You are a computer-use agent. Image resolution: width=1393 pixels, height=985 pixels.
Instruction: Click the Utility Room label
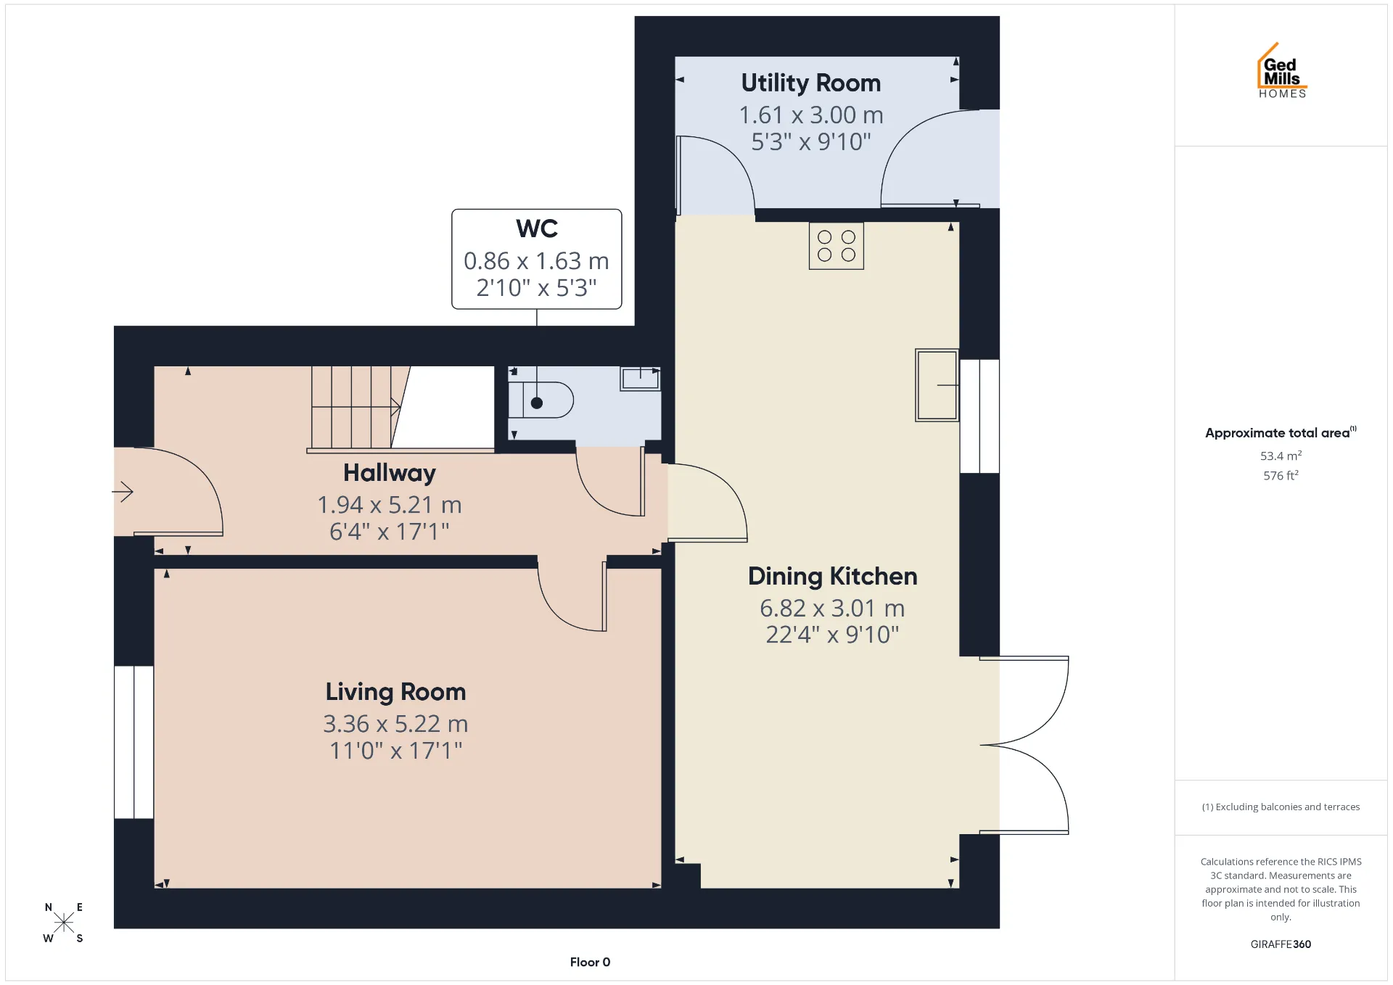point(810,83)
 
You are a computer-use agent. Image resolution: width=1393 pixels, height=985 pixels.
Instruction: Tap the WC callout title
point(537,228)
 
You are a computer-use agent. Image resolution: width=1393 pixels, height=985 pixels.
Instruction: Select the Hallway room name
point(390,473)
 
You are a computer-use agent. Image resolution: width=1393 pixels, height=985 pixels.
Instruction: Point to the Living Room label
point(395,692)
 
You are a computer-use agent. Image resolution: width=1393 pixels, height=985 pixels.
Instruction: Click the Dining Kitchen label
point(833,577)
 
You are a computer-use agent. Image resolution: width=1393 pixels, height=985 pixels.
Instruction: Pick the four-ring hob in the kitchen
point(837,246)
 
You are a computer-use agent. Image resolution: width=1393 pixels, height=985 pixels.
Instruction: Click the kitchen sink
point(937,385)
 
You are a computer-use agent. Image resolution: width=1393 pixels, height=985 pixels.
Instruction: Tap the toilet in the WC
point(541,400)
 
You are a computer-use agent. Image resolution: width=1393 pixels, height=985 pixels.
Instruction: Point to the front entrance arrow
point(123,492)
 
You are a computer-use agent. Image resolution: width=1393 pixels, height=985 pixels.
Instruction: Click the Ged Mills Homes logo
point(1282,70)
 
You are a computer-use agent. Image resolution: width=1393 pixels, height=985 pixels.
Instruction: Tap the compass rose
point(64,923)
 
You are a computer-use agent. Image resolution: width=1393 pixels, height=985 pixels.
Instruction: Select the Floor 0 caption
point(590,963)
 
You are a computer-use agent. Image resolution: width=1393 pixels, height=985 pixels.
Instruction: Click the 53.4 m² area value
point(1281,456)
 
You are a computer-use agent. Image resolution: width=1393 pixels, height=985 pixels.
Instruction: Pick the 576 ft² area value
point(1281,475)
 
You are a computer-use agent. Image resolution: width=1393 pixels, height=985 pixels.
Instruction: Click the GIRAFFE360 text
point(1281,944)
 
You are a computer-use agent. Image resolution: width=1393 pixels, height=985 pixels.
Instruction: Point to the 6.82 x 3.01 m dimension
point(832,609)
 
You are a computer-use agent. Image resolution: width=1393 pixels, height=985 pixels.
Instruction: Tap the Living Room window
point(133,742)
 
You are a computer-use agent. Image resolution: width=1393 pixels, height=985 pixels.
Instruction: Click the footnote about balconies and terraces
point(1281,807)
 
